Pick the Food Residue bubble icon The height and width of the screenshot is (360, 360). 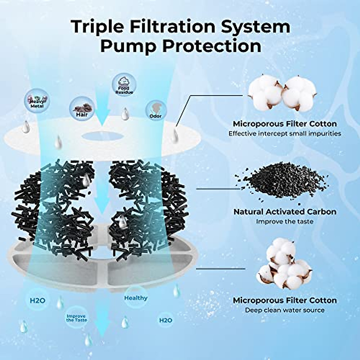point(124,85)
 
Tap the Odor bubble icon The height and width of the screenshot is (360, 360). point(155,110)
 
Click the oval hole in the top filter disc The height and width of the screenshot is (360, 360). point(103,136)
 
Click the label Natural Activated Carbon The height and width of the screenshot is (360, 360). point(285,211)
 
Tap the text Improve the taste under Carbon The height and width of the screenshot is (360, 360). point(284,222)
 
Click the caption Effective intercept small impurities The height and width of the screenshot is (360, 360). point(285,133)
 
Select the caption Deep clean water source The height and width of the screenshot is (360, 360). point(285,310)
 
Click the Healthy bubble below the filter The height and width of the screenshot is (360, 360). point(136,298)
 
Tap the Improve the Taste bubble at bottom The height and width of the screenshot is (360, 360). point(76,318)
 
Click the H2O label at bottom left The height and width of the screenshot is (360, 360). point(37,300)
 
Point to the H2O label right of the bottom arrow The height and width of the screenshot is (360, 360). point(165,320)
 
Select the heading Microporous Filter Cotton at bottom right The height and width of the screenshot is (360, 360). point(285,300)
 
